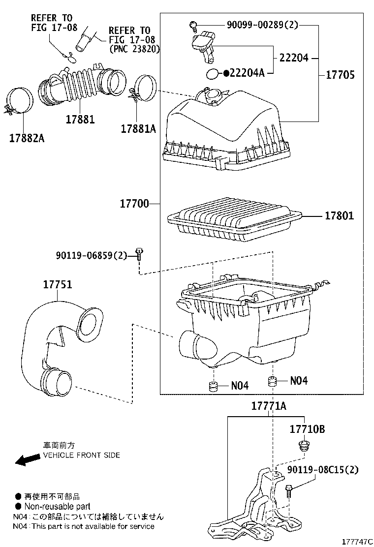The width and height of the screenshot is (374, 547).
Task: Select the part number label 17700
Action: point(133,203)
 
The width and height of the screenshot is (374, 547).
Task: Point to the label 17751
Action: point(57,285)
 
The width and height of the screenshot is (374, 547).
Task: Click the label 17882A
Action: point(26,138)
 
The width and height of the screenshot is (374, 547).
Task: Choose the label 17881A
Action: point(138,128)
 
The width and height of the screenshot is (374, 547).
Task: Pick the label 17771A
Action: point(269,406)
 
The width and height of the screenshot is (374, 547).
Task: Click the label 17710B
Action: point(307,429)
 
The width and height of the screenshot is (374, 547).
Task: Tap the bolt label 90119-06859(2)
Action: point(92,255)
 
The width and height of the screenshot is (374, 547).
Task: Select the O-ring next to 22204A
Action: point(212,74)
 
